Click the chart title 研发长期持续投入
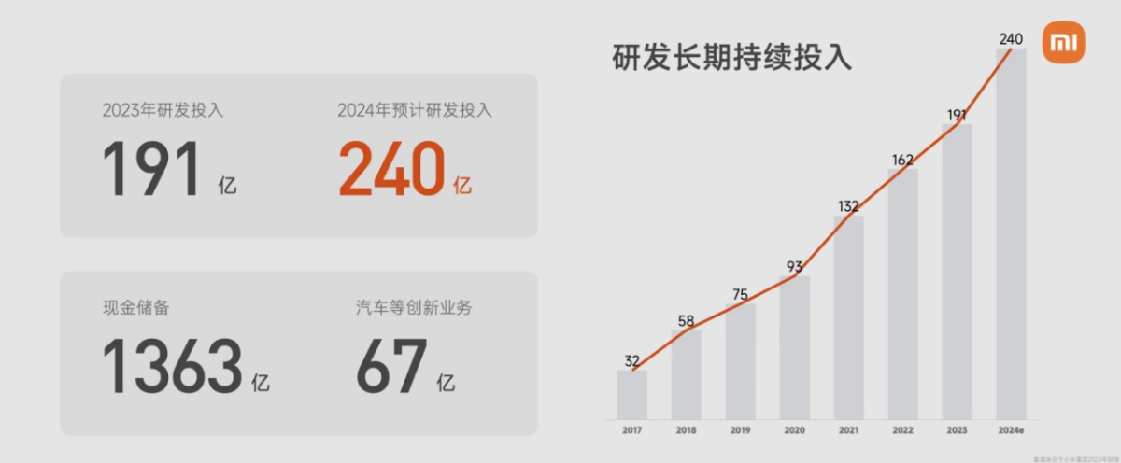731,57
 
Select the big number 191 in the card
151,170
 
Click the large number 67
391,366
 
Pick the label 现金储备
136,307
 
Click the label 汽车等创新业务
413,307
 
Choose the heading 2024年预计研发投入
415,111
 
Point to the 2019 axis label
740,430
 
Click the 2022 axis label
902,430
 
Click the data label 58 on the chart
686,322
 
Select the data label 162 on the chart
902,160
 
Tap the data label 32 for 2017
632,361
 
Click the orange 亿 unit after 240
462,186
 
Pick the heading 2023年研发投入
163,111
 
